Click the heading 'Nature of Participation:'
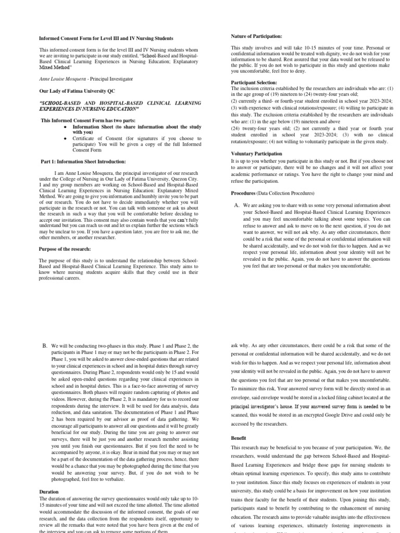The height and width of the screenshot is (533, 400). (x=256, y=36)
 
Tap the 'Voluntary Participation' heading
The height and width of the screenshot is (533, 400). (x=257, y=154)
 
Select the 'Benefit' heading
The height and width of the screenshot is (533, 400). (x=239, y=438)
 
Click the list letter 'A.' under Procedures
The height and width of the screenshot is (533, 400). (x=237, y=206)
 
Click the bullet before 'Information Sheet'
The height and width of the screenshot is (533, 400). (x=65, y=126)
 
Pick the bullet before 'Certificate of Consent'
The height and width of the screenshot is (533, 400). (x=65, y=138)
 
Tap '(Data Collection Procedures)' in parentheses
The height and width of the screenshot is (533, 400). (x=284, y=193)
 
